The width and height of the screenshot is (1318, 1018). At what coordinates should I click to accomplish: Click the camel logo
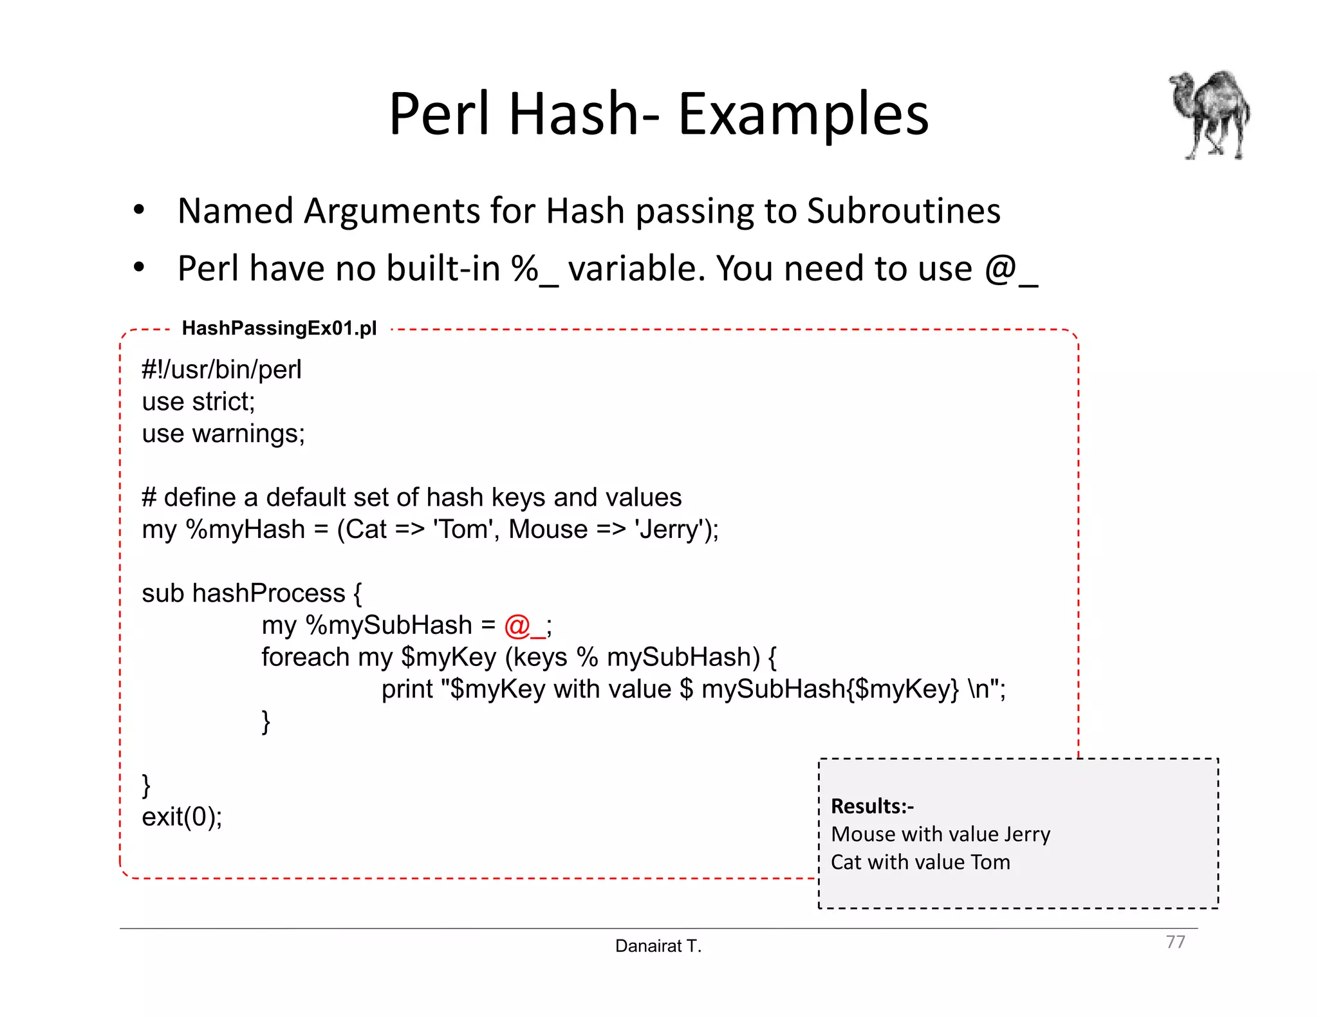pos(1210,115)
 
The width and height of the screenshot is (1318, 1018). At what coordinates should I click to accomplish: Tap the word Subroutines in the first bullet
pos(904,211)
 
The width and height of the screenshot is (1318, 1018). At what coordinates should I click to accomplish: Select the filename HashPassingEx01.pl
pos(279,328)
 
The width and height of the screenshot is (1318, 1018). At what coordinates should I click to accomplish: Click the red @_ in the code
pos(524,625)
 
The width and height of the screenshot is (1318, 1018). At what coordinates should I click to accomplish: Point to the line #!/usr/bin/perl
pos(221,370)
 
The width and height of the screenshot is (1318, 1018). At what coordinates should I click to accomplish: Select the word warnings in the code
pos(248,434)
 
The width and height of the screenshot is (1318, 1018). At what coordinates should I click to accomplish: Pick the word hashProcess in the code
pos(269,593)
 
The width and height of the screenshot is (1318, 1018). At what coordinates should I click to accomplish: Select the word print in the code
pos(407,689)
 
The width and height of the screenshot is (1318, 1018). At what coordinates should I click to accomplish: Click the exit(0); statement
pos(182,817)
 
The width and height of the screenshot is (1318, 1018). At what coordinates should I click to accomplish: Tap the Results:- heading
pos(872,806)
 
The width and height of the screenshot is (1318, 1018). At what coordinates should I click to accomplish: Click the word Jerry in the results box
pos(1026,835)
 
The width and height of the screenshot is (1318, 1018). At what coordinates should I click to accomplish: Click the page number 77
pos(1175,942)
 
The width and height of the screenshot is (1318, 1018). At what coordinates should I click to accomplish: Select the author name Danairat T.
pos(658,946)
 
